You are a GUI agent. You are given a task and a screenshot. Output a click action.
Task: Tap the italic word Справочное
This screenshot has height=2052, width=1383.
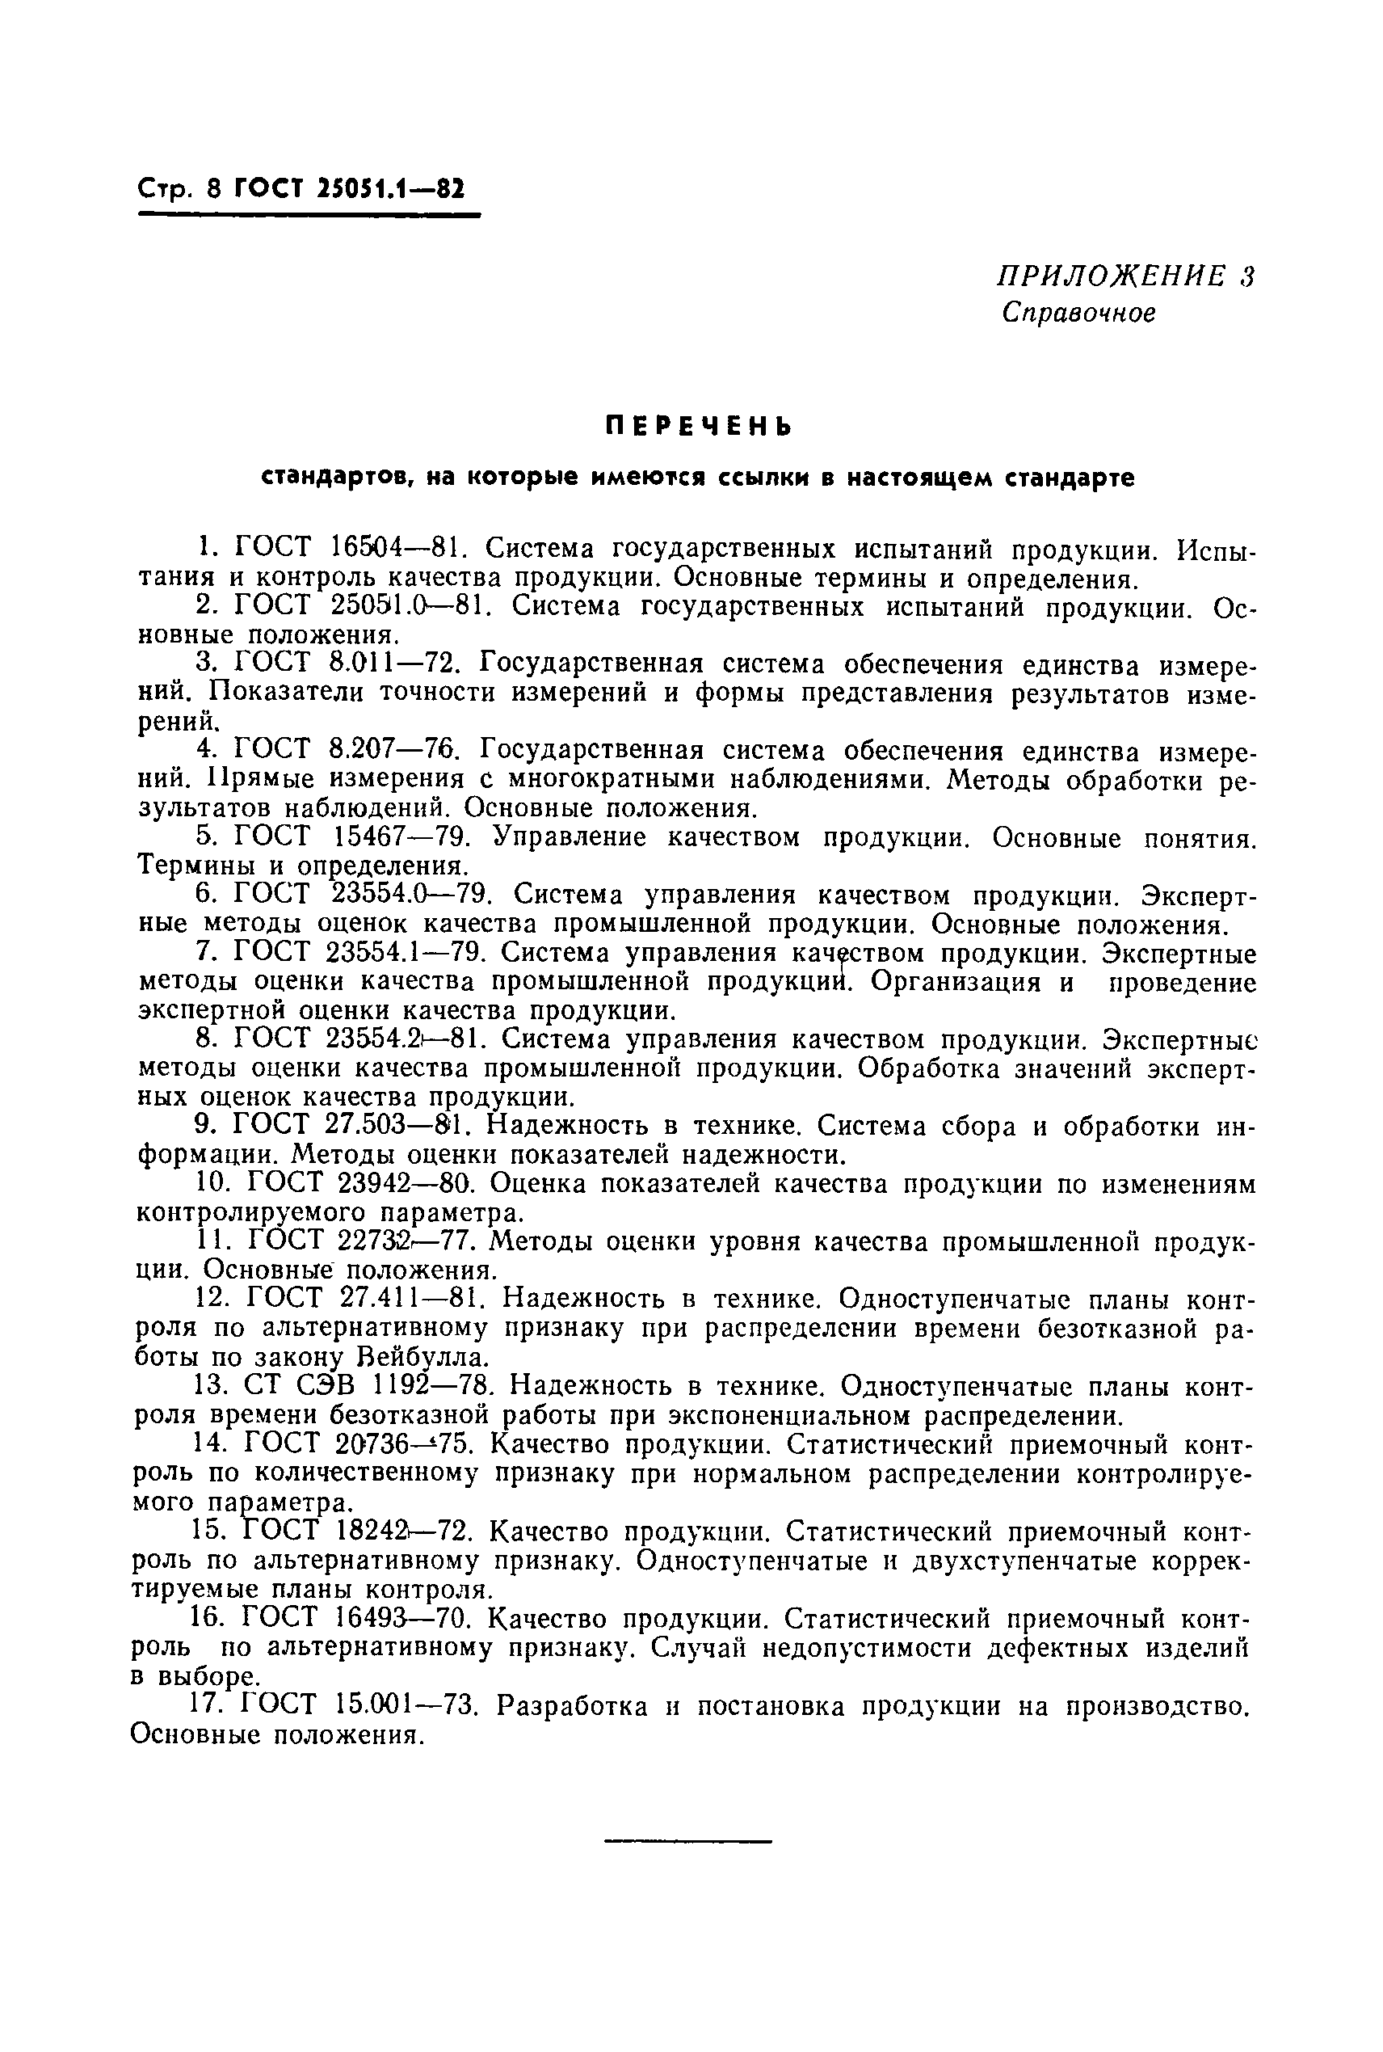pos(1078,314)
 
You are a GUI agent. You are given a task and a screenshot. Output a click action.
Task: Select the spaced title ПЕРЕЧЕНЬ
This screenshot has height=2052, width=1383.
pos(699,427)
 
